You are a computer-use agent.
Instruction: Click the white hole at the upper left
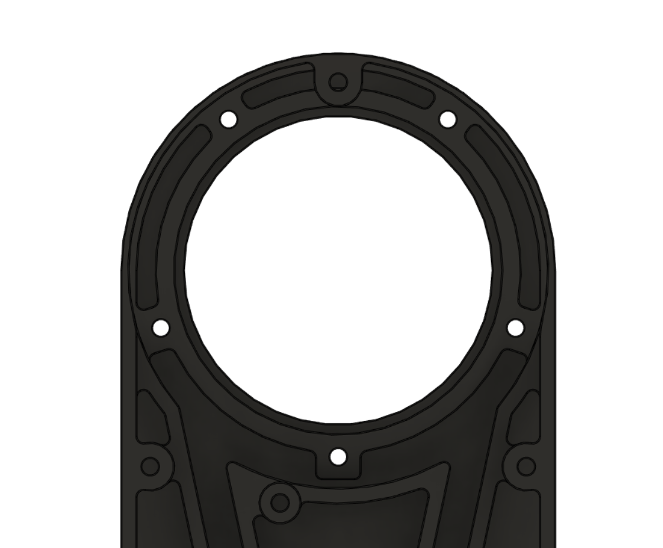[229, 119]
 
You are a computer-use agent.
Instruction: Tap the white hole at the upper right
[448, 119]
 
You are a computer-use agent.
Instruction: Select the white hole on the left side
[161, 327]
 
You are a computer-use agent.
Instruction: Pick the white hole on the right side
[515, 327]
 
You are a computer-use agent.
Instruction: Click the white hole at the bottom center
[338, 456]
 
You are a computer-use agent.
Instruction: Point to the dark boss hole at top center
[338, 82]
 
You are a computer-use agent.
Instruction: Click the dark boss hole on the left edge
[150, 466]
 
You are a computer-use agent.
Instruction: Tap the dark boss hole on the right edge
[526, 466]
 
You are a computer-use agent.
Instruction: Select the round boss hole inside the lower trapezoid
[279, 503]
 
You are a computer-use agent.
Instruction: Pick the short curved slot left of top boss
[278, 87]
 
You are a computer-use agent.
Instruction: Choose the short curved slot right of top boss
[399, 87]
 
